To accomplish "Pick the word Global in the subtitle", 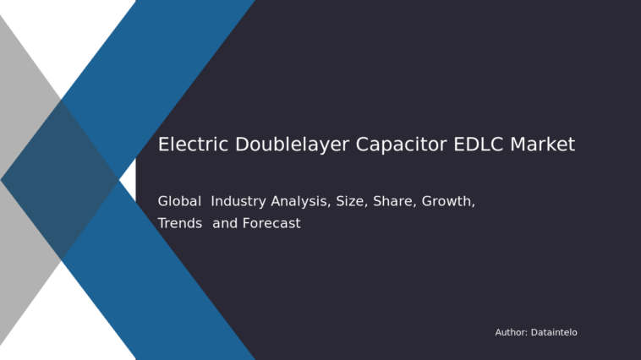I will [179, 202].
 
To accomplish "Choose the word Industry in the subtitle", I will [238, 202].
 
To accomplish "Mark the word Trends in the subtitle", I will [179, 224].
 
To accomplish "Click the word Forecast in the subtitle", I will [271, 224].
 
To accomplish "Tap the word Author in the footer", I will [511, 333].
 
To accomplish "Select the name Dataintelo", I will [554, 333].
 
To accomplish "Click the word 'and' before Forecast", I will [225, 224].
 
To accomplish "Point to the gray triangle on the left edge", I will [17, 254].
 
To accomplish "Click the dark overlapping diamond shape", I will [59, 179].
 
